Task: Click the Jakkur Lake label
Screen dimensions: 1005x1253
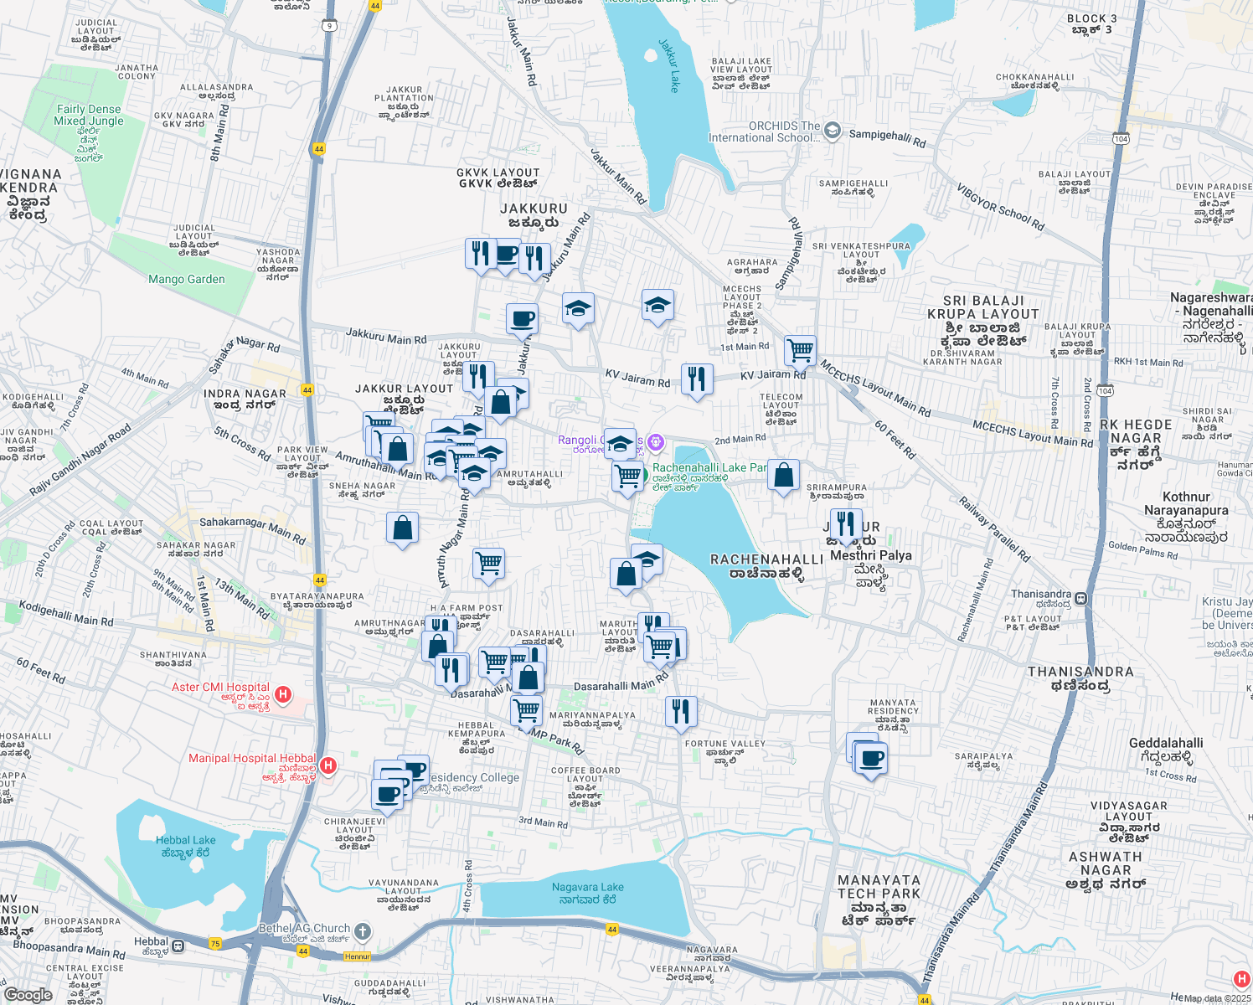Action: point(669,65)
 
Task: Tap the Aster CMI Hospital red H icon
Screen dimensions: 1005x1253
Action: point(283,694)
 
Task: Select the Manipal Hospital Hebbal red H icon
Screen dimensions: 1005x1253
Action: point(328,765)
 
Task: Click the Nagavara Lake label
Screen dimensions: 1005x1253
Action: point(588,893)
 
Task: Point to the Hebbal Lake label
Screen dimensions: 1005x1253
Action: point(186,846)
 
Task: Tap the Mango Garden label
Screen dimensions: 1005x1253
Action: point(186,279)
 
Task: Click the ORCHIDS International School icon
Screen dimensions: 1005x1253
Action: point(832,130)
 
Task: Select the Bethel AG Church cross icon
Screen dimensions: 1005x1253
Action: point(362,930)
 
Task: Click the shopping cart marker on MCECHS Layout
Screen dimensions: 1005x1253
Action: point(800,351)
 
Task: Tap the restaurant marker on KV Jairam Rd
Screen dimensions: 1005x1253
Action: point(697,379)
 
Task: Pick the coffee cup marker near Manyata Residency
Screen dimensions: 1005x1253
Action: point(871,759)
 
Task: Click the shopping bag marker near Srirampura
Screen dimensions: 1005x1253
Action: point(784,476)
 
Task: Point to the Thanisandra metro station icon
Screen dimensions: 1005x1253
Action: point(1081,599)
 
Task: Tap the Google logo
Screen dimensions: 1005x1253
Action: point(28,994)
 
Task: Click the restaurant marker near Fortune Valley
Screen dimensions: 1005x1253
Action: point(681,712)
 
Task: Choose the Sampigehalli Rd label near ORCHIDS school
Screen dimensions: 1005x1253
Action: point(887,138)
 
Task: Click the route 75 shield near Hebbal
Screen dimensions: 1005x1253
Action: point(215,944)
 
